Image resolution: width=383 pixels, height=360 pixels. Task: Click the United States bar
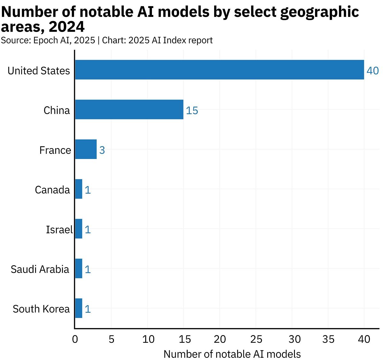(219, 70)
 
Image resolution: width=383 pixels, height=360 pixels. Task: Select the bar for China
(129, 109)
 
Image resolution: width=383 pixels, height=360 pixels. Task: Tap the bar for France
(86, 149)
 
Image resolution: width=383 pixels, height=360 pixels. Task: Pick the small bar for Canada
(79, 189)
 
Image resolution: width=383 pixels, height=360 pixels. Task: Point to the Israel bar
(79, 229)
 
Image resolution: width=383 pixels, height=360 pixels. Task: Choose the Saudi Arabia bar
(79, 268)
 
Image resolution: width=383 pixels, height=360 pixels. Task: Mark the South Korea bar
(79, 308)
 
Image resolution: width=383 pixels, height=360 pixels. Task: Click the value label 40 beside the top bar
(372, 71)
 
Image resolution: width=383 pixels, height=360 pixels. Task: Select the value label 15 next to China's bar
(192, 110)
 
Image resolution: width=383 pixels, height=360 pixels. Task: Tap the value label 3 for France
(102, 150)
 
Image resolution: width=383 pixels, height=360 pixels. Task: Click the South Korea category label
(41, 309)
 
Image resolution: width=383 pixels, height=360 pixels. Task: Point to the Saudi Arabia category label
(40, 269)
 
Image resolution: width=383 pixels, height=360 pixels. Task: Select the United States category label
(39, 71)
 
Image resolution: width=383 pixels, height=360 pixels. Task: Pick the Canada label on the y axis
(52, 190)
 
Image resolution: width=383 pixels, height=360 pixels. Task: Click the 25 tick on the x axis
(256, 339)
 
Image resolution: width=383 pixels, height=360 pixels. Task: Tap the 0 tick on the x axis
(75, 339)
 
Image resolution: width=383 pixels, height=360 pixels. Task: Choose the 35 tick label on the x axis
(328, 339)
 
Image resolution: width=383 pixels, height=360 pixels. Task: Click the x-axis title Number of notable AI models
(232, 354)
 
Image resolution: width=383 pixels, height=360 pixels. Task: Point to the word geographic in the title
(319, 12)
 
